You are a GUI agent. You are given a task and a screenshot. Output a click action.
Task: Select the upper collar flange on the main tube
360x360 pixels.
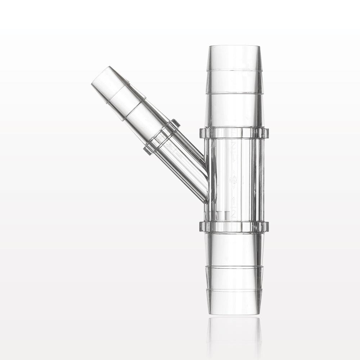pos(234,132)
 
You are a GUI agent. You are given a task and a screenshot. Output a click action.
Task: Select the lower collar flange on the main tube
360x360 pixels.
pos(234,226)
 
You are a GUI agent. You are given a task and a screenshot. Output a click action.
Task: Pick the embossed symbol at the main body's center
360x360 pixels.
pos(233,179)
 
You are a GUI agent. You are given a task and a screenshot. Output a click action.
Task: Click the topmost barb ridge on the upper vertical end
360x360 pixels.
pos(234,69)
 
